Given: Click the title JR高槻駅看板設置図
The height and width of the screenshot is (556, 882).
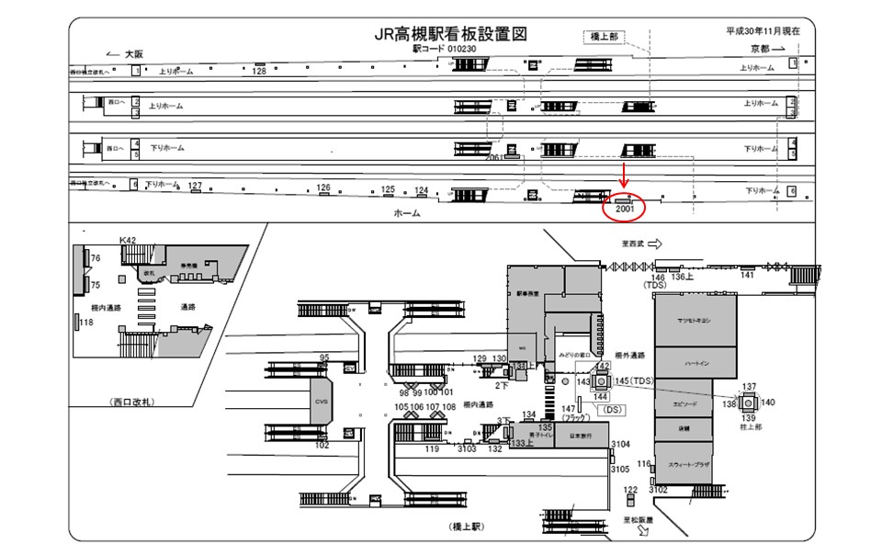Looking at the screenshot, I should point(449,34).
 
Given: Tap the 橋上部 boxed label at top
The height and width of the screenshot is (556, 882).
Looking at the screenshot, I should point(604,36).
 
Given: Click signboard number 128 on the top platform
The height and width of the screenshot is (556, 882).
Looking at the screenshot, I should point(259,70).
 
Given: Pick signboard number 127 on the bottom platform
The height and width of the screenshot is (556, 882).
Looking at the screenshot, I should point(195,186).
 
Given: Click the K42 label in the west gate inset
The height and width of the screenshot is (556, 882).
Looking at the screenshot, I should point(128,240).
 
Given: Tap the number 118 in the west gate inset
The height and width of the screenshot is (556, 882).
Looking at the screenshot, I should point(87,322).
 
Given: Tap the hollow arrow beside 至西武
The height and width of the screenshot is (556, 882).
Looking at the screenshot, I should point(655,244).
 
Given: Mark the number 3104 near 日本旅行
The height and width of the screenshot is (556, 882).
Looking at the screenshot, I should point(621,444).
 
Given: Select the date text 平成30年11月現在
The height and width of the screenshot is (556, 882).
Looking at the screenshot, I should point(763,30).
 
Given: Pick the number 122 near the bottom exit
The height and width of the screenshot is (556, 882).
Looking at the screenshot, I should point(630,490).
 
